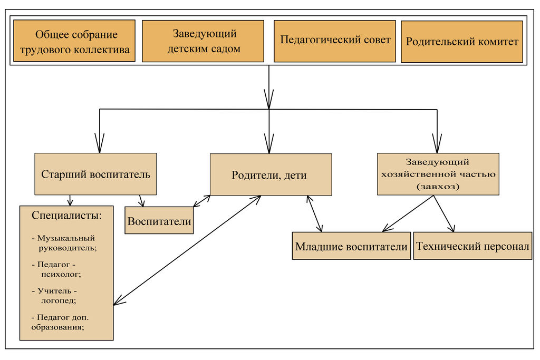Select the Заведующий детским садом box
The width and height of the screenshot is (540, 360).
[x=203, y=41]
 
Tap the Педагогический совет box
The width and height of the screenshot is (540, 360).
[x=335, y=41]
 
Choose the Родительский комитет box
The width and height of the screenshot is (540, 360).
[x=462, y=42]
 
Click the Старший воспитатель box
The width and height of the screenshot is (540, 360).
[x=95, y=174]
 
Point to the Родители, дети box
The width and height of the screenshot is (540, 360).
[x=271, y=175]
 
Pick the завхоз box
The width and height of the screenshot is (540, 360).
[x=438, y=174]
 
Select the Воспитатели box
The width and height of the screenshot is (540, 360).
[x=159, y=221]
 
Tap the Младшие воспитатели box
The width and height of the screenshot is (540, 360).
[x=351, y=246]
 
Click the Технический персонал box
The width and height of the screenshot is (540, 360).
[x=472, y=246]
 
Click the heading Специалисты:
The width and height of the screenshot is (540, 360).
[x=66, y=215]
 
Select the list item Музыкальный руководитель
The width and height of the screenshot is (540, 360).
[x=66, y=242]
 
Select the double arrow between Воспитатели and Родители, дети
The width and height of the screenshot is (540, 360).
[x=202, y=201]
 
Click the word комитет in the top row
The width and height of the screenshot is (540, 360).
[x=498, y=42]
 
